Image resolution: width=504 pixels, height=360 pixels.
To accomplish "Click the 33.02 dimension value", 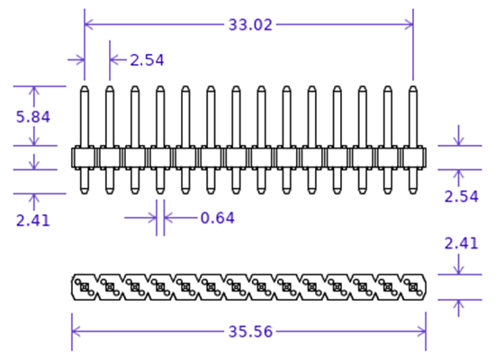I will (249, 25).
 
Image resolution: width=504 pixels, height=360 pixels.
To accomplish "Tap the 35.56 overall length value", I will (249, 331).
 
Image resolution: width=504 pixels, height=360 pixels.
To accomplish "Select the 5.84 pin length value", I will (33, 116).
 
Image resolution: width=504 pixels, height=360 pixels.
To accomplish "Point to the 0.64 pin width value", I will (217, 217).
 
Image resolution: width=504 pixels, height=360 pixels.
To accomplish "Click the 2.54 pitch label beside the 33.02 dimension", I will (147, 60).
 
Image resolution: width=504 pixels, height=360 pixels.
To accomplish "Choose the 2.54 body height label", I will (462, 196).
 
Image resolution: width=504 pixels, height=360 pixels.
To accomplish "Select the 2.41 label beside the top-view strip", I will (462, 242).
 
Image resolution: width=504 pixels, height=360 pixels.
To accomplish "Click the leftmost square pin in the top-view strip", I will (84, 288).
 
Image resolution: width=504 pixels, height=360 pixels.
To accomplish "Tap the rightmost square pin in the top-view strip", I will (413, 288).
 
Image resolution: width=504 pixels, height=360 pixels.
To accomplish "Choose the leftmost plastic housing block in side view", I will (85, 157).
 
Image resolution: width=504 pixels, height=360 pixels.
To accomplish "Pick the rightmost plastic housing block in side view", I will (413, 157).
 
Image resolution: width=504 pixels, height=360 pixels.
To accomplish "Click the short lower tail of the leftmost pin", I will (85, 181).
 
